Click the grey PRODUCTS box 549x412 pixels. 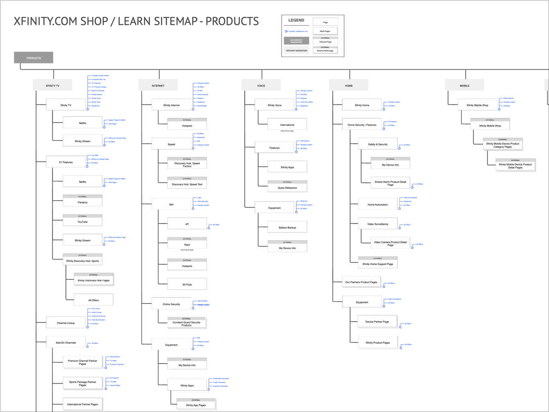tap(34, 58)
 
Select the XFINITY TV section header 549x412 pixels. tap(52, 86)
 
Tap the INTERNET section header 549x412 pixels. tap(158, 86)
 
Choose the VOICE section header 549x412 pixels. tap(261, 86)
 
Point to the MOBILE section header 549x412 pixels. tap(465, 86)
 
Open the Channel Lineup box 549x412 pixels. tap(66, 323)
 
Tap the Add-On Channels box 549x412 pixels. tap(66, 342)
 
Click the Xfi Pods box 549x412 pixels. tap(187, 284)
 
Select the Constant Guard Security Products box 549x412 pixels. tap(186, 324)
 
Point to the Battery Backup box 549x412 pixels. tap(287, 227)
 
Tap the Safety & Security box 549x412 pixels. tap(378, 144)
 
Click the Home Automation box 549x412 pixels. tap(378, 204)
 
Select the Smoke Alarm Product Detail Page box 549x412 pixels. tap(390, 183)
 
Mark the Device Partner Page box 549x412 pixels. tap(377, 321)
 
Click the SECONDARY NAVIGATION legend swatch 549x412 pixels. tap(296, 41)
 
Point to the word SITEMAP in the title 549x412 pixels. tap(161, 21)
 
